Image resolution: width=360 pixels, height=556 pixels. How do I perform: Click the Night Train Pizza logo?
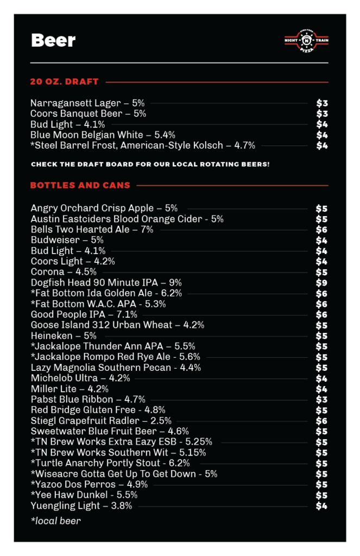coord(306,41)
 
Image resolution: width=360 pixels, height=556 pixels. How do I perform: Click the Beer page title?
coord(53,41)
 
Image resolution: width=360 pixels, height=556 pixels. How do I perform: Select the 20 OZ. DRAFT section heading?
coord(64,82)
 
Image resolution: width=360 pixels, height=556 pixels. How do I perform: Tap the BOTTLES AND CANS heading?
coord(80,185)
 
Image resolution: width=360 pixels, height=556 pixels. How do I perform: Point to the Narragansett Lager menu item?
coord(87,103)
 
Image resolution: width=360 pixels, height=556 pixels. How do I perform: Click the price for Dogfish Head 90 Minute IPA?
coord(322,283)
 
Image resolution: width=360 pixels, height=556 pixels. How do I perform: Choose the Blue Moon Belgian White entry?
coord(103,135)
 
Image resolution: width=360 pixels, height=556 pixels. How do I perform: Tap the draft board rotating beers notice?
coord(150,164)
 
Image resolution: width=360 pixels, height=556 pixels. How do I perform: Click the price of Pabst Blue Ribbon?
coord(322,400)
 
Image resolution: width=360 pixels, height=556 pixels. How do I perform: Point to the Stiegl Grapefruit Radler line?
coord(101,421)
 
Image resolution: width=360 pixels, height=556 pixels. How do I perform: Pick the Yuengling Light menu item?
coord(81,506)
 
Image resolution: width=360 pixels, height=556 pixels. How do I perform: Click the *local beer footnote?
coord(56,521)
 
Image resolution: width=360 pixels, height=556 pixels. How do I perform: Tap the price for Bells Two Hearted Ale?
coord(322,230)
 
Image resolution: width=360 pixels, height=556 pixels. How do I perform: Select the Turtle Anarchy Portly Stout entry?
coord(110,463)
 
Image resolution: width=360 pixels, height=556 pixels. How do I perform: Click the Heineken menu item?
coord(64,336)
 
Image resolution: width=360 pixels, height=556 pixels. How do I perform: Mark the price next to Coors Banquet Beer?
coord(323,113)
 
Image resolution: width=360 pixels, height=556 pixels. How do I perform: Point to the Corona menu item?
coord(64,272)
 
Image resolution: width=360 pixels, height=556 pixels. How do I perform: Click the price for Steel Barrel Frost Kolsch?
coord(323,146)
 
